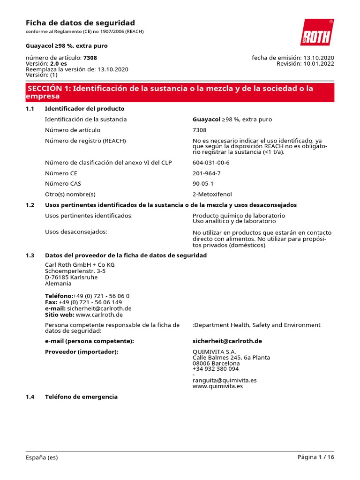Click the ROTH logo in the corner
pyautogui.click(x=317, y=32)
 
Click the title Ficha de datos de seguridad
pyautogui.click(x=80, y=22)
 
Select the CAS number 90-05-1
pyautogui.click(x=202, y=184)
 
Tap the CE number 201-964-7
pyautogui.click(x=206, y=173)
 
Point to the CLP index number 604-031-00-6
pyautogui.click(x=211, y=163)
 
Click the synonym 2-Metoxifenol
pyautogui.click(x=212, y=194)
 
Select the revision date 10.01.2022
pyautogui.click(x=318, y=64)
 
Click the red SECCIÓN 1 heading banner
pyautogui.click(x=180, y=92)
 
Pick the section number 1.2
pyautogui.click(x=30, y=205)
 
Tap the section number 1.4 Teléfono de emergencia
pyautogui.click(x=30, y=397)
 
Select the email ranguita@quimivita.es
pyautogui.click(x=225, y=380)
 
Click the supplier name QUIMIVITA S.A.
pyautogui.click(x=214, y=352)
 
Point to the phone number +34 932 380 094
pyautogui.click(x=216, y=369)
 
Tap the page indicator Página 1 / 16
pyautogui.click(x=315, y=457)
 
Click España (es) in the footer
pyautogui.click(x=42, y=457)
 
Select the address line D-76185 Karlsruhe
pyautogui.click(x=71, y=277)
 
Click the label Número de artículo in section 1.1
pyautogui.click(x=73, y=130)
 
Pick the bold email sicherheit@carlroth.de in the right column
pyautogui.click(x=227, y=341)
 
